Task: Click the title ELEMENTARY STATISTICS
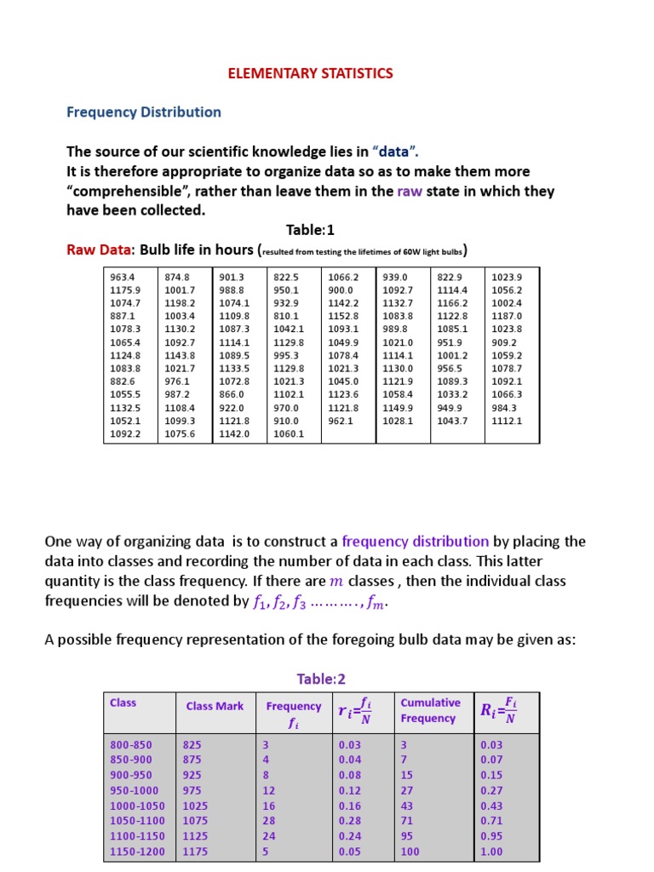tap(310, 73)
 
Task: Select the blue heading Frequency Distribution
tap(144, 112)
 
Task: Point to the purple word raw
tap(410, 191)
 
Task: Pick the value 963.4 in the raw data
tap(123, 277)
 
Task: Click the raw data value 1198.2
tap(180, 303)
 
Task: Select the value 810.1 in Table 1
tap(287, 316)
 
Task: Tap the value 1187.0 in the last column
tap(507, 316)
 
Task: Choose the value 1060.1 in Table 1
tap(289, 433)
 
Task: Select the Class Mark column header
tap(215, 706)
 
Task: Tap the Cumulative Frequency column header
tap(430, 710)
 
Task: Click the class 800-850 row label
tap(131, 744)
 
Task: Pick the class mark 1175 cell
tap(196, 851)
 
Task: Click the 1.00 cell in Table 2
tap(493, 851)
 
